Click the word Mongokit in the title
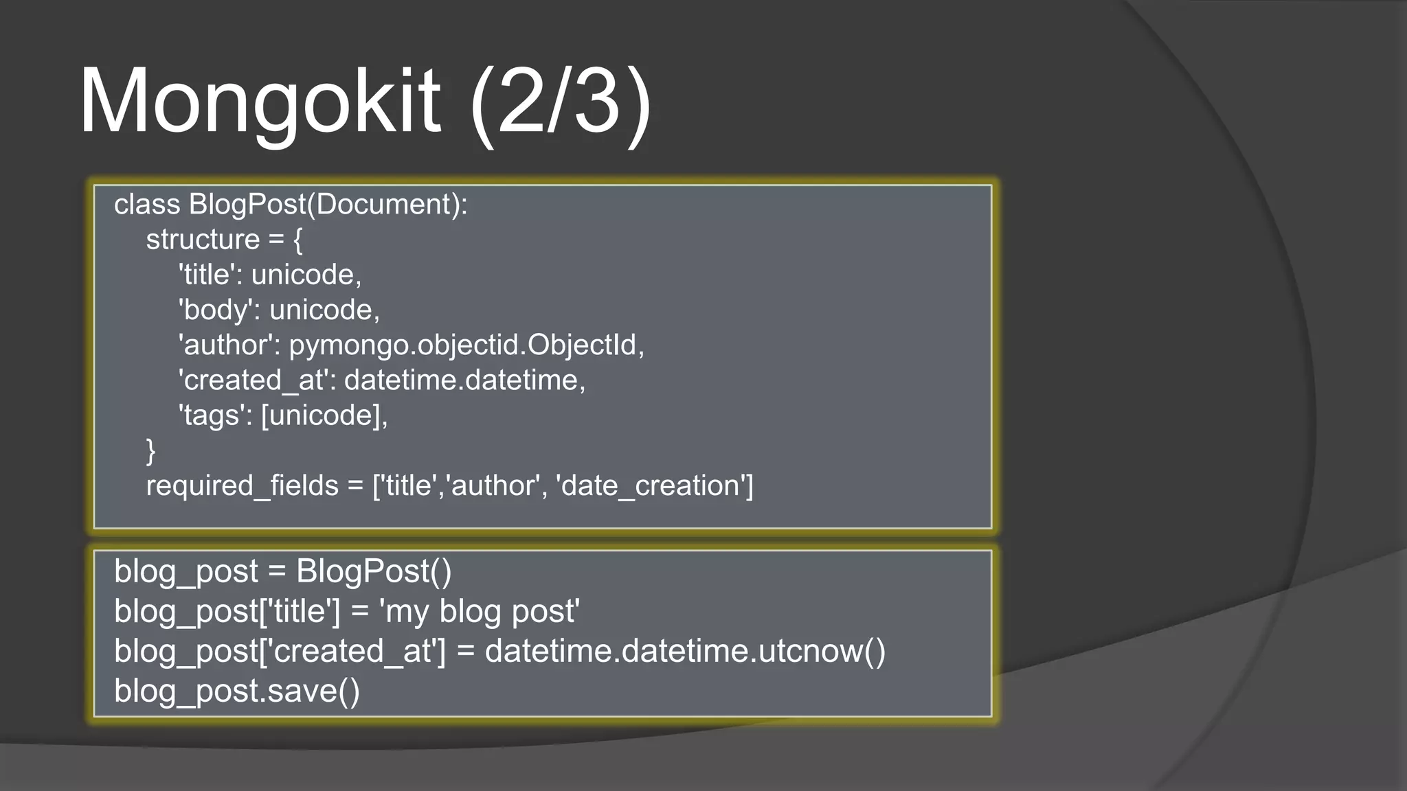click(x=260, y=102)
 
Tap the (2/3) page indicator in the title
click(x=560, y=102)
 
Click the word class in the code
click(x=147, y=205)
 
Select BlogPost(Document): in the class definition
click(x=328, y=205)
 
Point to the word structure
click(x=203, y=240)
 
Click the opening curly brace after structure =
click(x=297, y=240)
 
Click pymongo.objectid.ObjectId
click(x=464, y=345)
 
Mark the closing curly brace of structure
click(x=151, y=451)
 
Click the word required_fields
click(x=242, y=486)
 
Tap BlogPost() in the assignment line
click(x=374, y=572)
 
